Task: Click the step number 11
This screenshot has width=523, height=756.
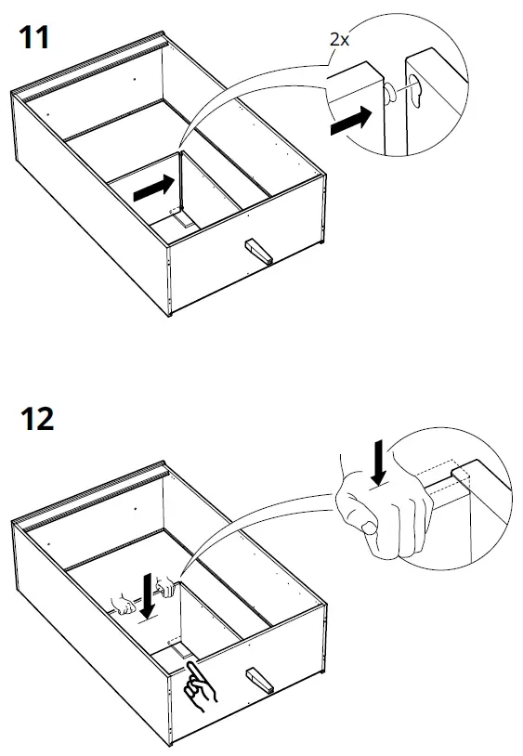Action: click(x=34, y=37)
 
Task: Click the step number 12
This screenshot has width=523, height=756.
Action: click(x=37, y=419)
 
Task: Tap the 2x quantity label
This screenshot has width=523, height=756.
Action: click(x=339, y=40)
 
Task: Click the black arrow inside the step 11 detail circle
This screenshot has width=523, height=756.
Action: click(x=351, y=121)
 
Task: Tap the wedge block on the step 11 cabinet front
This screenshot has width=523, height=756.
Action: click(x=259, y=251)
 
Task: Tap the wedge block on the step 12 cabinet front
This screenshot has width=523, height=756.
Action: click(x=259, y=680)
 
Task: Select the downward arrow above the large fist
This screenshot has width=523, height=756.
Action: click(x=379, y=462)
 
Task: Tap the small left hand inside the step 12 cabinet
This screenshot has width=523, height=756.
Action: click(x=124, y=605)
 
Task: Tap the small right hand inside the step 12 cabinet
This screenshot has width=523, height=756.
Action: click(x=165, y=586)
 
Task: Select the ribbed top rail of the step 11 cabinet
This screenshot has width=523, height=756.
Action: click(x=89, y=66)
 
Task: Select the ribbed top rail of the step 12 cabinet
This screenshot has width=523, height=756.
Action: click(x=89, y=496)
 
